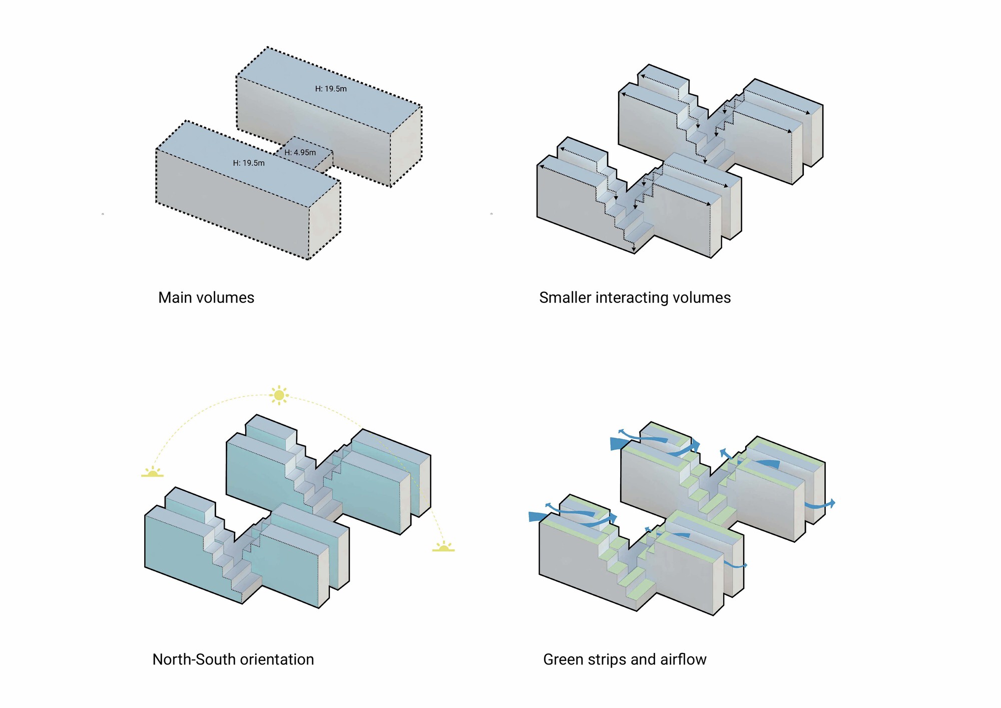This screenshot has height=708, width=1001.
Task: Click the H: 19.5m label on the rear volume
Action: pos(331,89)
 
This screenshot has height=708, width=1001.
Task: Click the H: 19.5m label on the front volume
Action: pos(249,163)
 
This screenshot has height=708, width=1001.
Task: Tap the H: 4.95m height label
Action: pos(300,153)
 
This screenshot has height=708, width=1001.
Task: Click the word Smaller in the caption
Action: pos(565,298)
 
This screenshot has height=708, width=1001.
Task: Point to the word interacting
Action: pos(632,298)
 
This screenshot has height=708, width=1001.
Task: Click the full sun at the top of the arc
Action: pos(279,396)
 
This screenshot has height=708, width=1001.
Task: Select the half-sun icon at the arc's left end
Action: pos(152,472)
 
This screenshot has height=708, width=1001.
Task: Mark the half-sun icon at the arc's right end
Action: pos(443,547)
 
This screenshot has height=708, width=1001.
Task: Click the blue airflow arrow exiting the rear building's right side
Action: pos(821,505)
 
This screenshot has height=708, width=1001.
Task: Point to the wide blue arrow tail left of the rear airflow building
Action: pos(619,443)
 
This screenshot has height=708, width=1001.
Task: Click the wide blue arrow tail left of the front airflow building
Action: pos(537,516)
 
